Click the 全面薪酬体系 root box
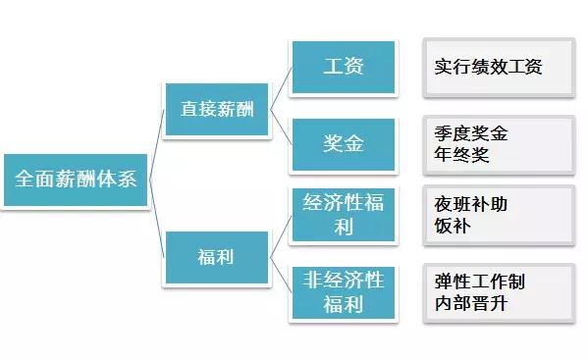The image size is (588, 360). click(x=76, y=180)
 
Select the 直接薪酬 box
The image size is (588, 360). click(x=217, y=107)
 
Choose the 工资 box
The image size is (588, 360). click(x=343, y=68)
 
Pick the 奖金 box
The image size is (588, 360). click(x=343, y=144)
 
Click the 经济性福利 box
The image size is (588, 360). click(x=343, y=215)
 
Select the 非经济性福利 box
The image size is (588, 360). click(x=343, y=292)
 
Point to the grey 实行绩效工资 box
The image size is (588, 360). click(x=498, y=69)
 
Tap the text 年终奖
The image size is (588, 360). click(x=461, y=154)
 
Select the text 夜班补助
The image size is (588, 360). click(x=470, y=204)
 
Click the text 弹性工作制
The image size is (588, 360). click(x=479, y=282)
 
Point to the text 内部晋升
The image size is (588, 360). click(x=470, y=303)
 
